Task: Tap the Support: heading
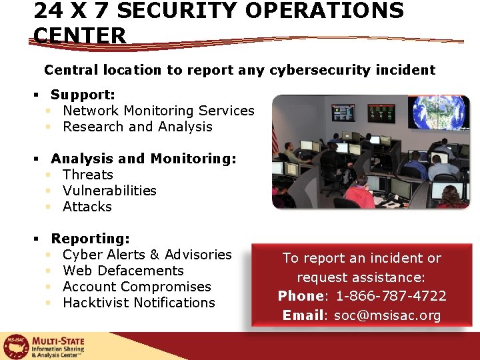click(83, 95)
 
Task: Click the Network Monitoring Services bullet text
click(158, 111)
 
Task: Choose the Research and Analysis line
click(137, 127)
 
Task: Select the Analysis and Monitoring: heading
click(143, 159)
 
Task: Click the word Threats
click(88, 175)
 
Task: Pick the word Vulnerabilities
click(109, 191)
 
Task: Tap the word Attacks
click(87, 207)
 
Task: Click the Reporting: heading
click(90, 239)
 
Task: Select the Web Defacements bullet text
click(123, 271)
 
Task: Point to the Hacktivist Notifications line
click(139, 303)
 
